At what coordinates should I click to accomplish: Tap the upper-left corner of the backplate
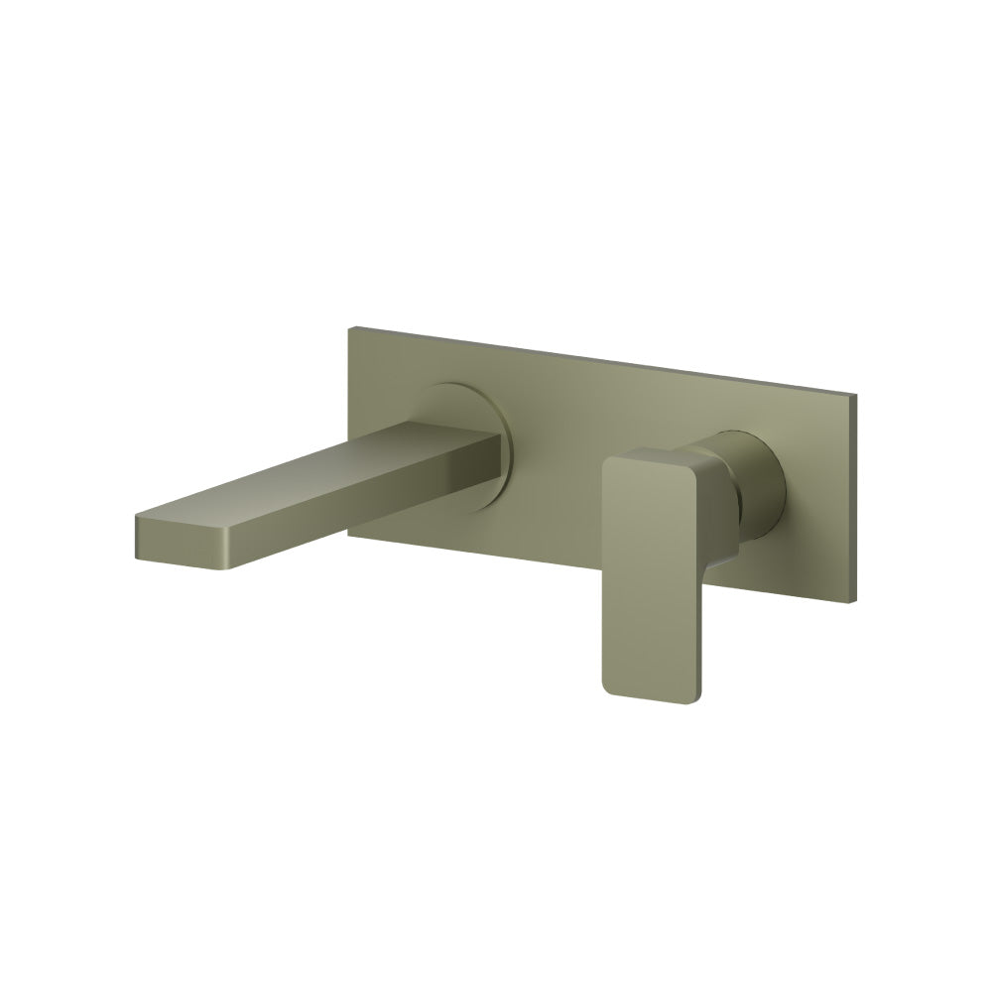pos(350,333)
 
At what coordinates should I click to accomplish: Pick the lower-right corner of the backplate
pos(855,599)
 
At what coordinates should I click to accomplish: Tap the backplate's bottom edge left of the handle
pos(496,559)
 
